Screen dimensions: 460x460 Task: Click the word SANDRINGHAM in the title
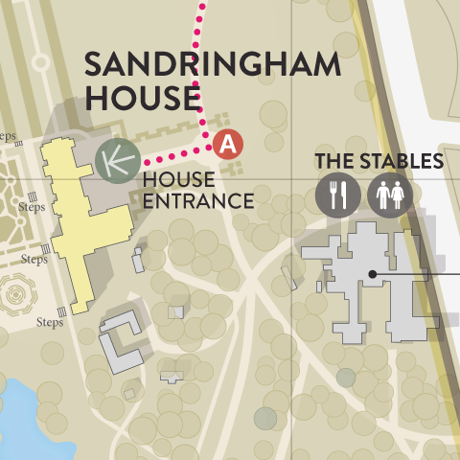click(x=212, y=66)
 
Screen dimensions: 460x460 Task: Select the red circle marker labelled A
click(x=228, y=144)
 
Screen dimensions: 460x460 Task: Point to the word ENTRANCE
click(x=196, y=201)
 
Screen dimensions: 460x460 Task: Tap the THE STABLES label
click(x=379, y=161)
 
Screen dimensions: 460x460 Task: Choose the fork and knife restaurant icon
click(x=339, y=195)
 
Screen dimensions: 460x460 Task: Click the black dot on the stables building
click(x=372, y=275)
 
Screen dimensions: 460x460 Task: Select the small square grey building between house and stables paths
click(x=175, y=311)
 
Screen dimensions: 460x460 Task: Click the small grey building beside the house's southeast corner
click(x=138, y=260)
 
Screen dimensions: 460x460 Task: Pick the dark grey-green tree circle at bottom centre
click(x=265, y=418)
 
